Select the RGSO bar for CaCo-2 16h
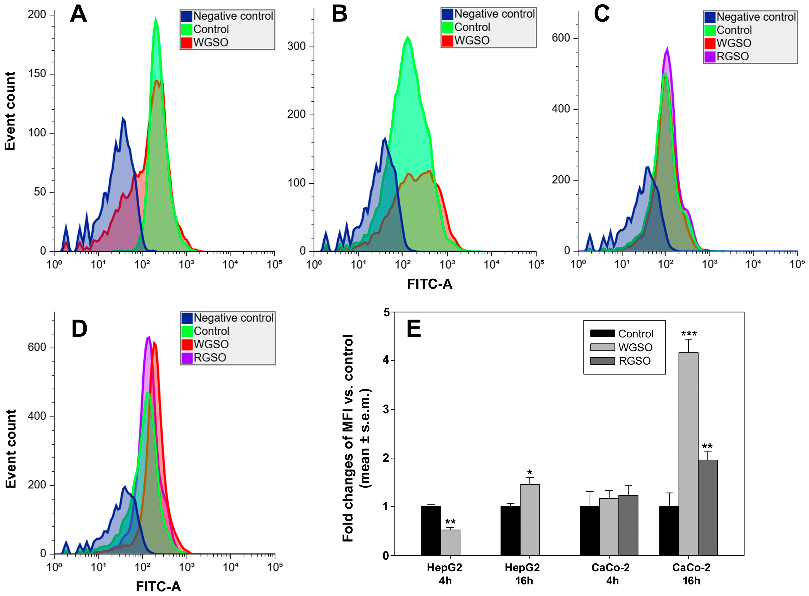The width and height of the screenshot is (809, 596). point(707,508)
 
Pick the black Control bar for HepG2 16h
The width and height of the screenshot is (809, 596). point(510,531)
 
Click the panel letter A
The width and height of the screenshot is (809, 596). point(78,14)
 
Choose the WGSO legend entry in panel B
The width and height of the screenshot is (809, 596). point(465,40)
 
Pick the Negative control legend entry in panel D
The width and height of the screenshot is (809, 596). point(227,318)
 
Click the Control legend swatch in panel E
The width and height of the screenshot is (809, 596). point(602,333)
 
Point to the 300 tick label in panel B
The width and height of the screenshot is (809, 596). point(296,46)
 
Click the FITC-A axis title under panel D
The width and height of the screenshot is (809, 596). point(158,587)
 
